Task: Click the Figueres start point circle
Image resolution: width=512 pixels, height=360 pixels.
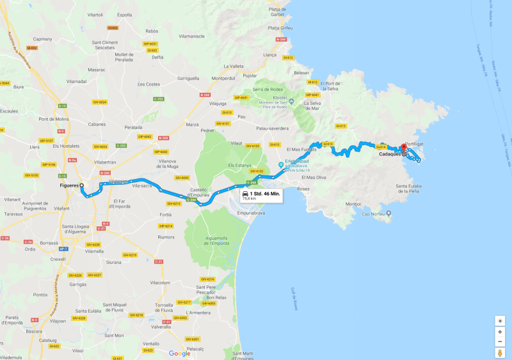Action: coord(82,185)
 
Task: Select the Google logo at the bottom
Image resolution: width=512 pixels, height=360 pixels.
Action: coord(179,353)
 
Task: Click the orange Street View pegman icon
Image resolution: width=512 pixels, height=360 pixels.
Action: coord(500,352)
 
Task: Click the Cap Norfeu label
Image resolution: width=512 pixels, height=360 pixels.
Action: coord(376,214)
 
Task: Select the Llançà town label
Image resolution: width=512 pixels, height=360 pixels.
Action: coord(269,56)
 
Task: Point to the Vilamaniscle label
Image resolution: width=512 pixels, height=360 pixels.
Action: coord(196,36)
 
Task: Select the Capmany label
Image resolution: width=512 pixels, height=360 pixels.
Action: coord(43,39)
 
